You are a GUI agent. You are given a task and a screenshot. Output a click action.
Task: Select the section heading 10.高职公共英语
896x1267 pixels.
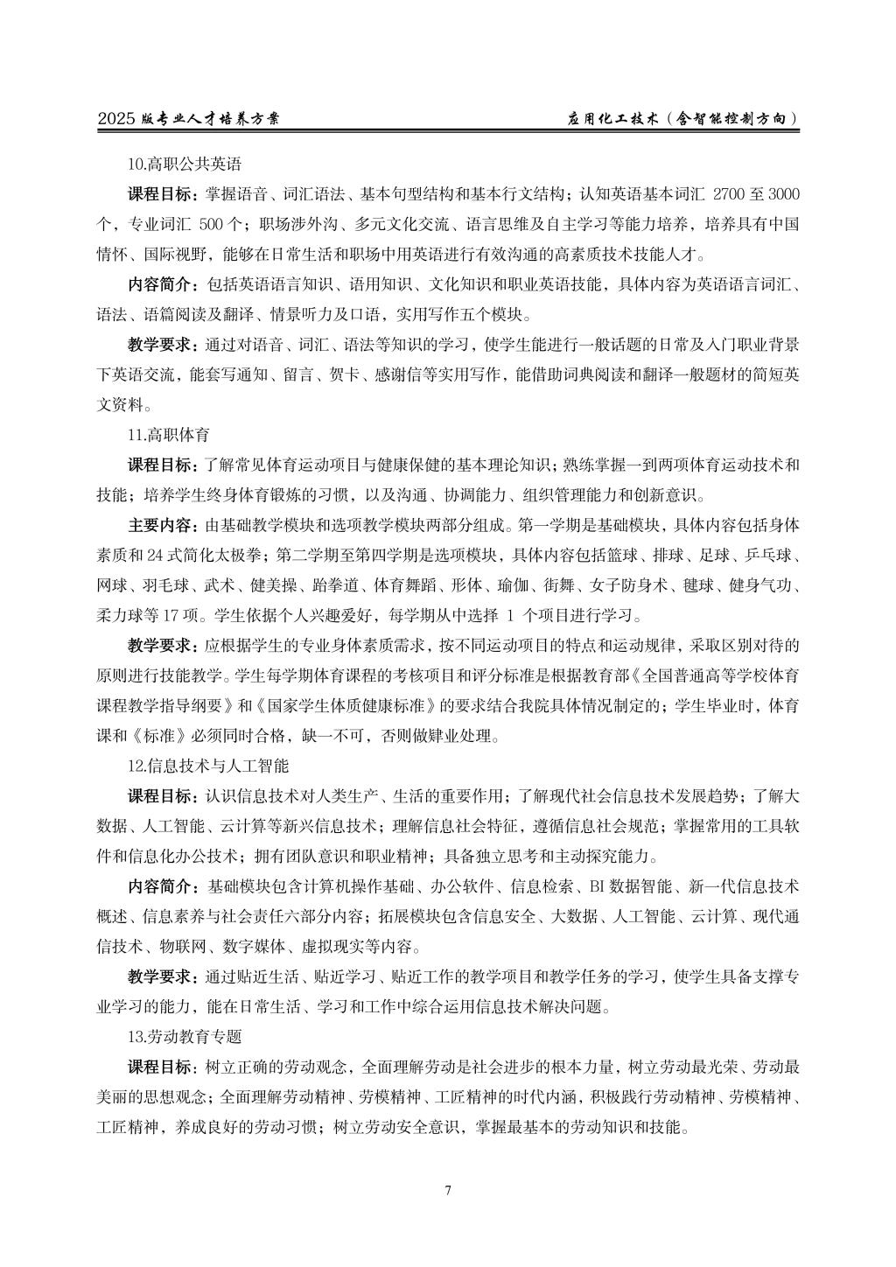pos(184,163)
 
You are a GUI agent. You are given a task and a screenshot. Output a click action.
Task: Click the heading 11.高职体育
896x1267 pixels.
pos(168,435)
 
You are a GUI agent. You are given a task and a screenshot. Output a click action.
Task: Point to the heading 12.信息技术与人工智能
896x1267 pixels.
pos(207,766)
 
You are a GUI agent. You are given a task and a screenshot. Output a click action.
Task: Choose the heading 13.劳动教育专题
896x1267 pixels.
pos(184,1036)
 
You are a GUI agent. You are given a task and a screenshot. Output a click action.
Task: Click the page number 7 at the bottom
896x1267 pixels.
pos(448,1190)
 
